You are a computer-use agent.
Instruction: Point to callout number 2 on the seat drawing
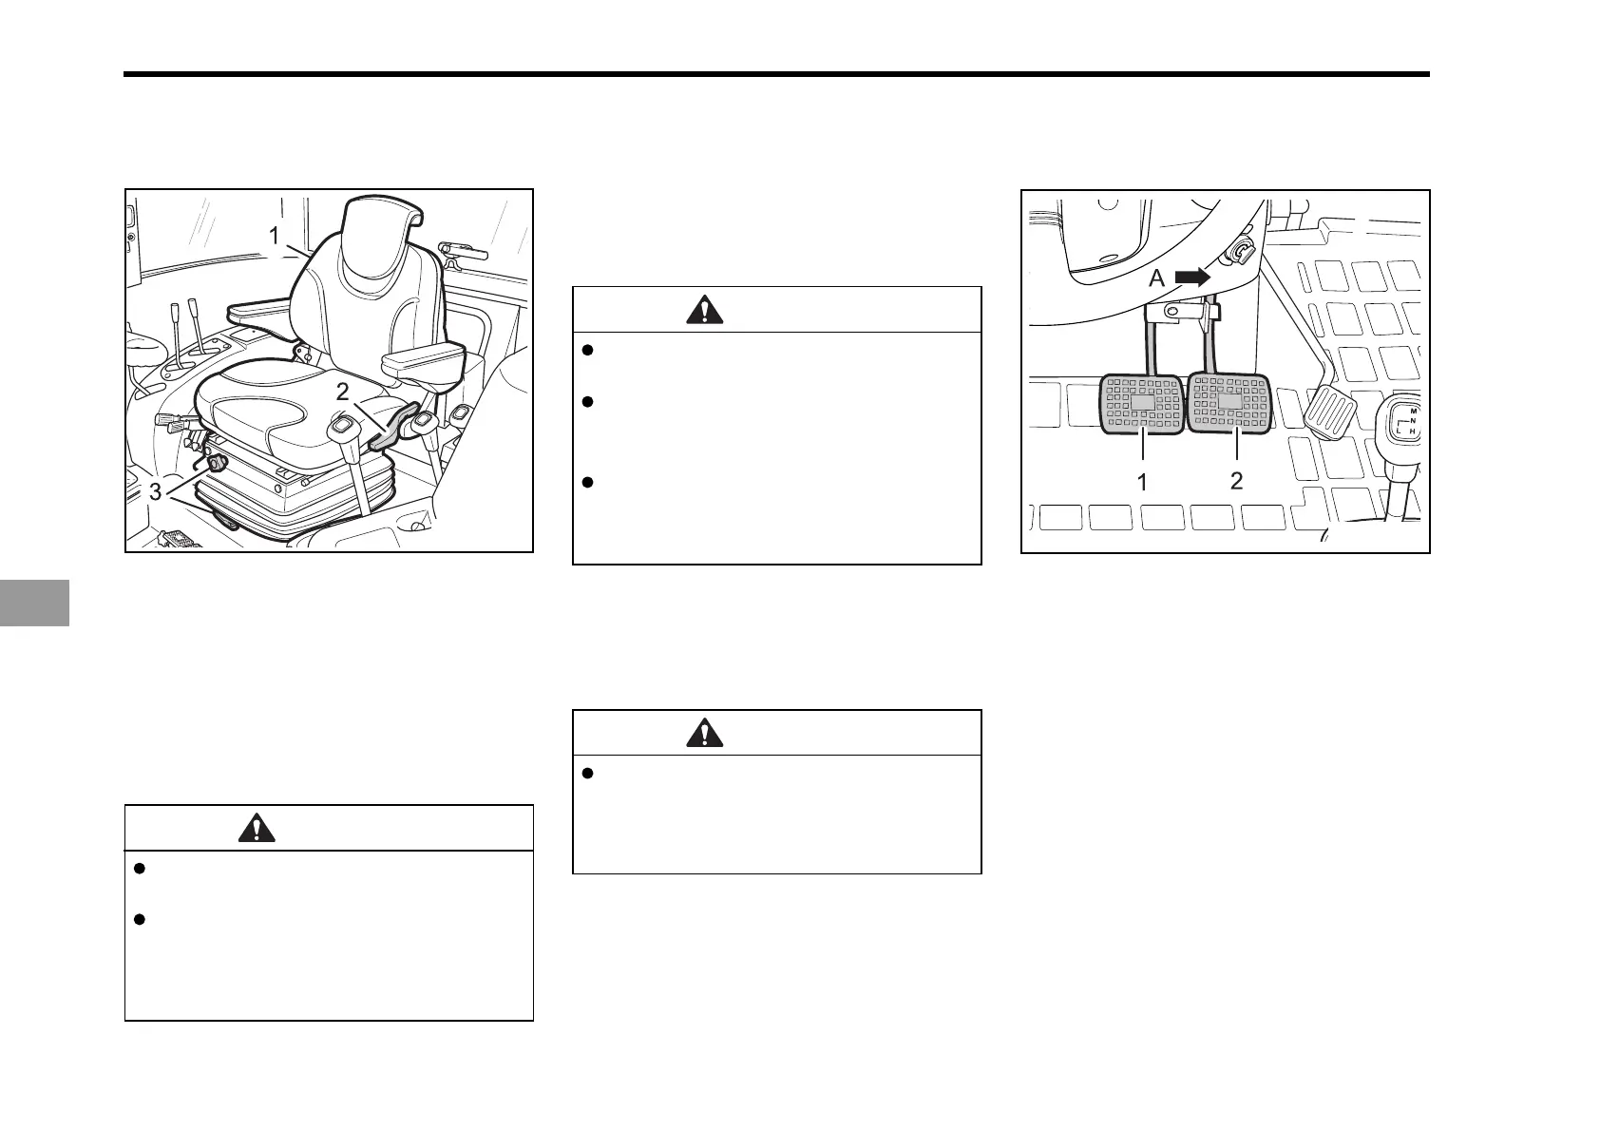(x=342, y=389)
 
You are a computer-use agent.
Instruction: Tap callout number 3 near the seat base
(x=156, y=492)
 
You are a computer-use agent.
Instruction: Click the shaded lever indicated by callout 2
(x=392, y=428)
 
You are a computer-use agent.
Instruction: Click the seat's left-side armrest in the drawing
(x=258, y=311)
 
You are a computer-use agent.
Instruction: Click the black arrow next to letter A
(x=1192, y=277)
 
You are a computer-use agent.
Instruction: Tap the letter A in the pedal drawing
(x=1157, y=278)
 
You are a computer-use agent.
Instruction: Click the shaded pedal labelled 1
(x=1141, y=404)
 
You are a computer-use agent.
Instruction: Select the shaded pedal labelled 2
(x=1229, y=402)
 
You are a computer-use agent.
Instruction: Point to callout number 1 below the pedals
(x=1142, y=482)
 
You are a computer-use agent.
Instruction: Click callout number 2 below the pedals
(x=1236, y=480)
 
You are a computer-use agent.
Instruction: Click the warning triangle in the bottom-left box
(x=256, y=829)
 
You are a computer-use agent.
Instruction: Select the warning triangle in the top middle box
(x=703, y=310)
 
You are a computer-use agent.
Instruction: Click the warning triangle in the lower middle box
(x=703, y=733)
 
